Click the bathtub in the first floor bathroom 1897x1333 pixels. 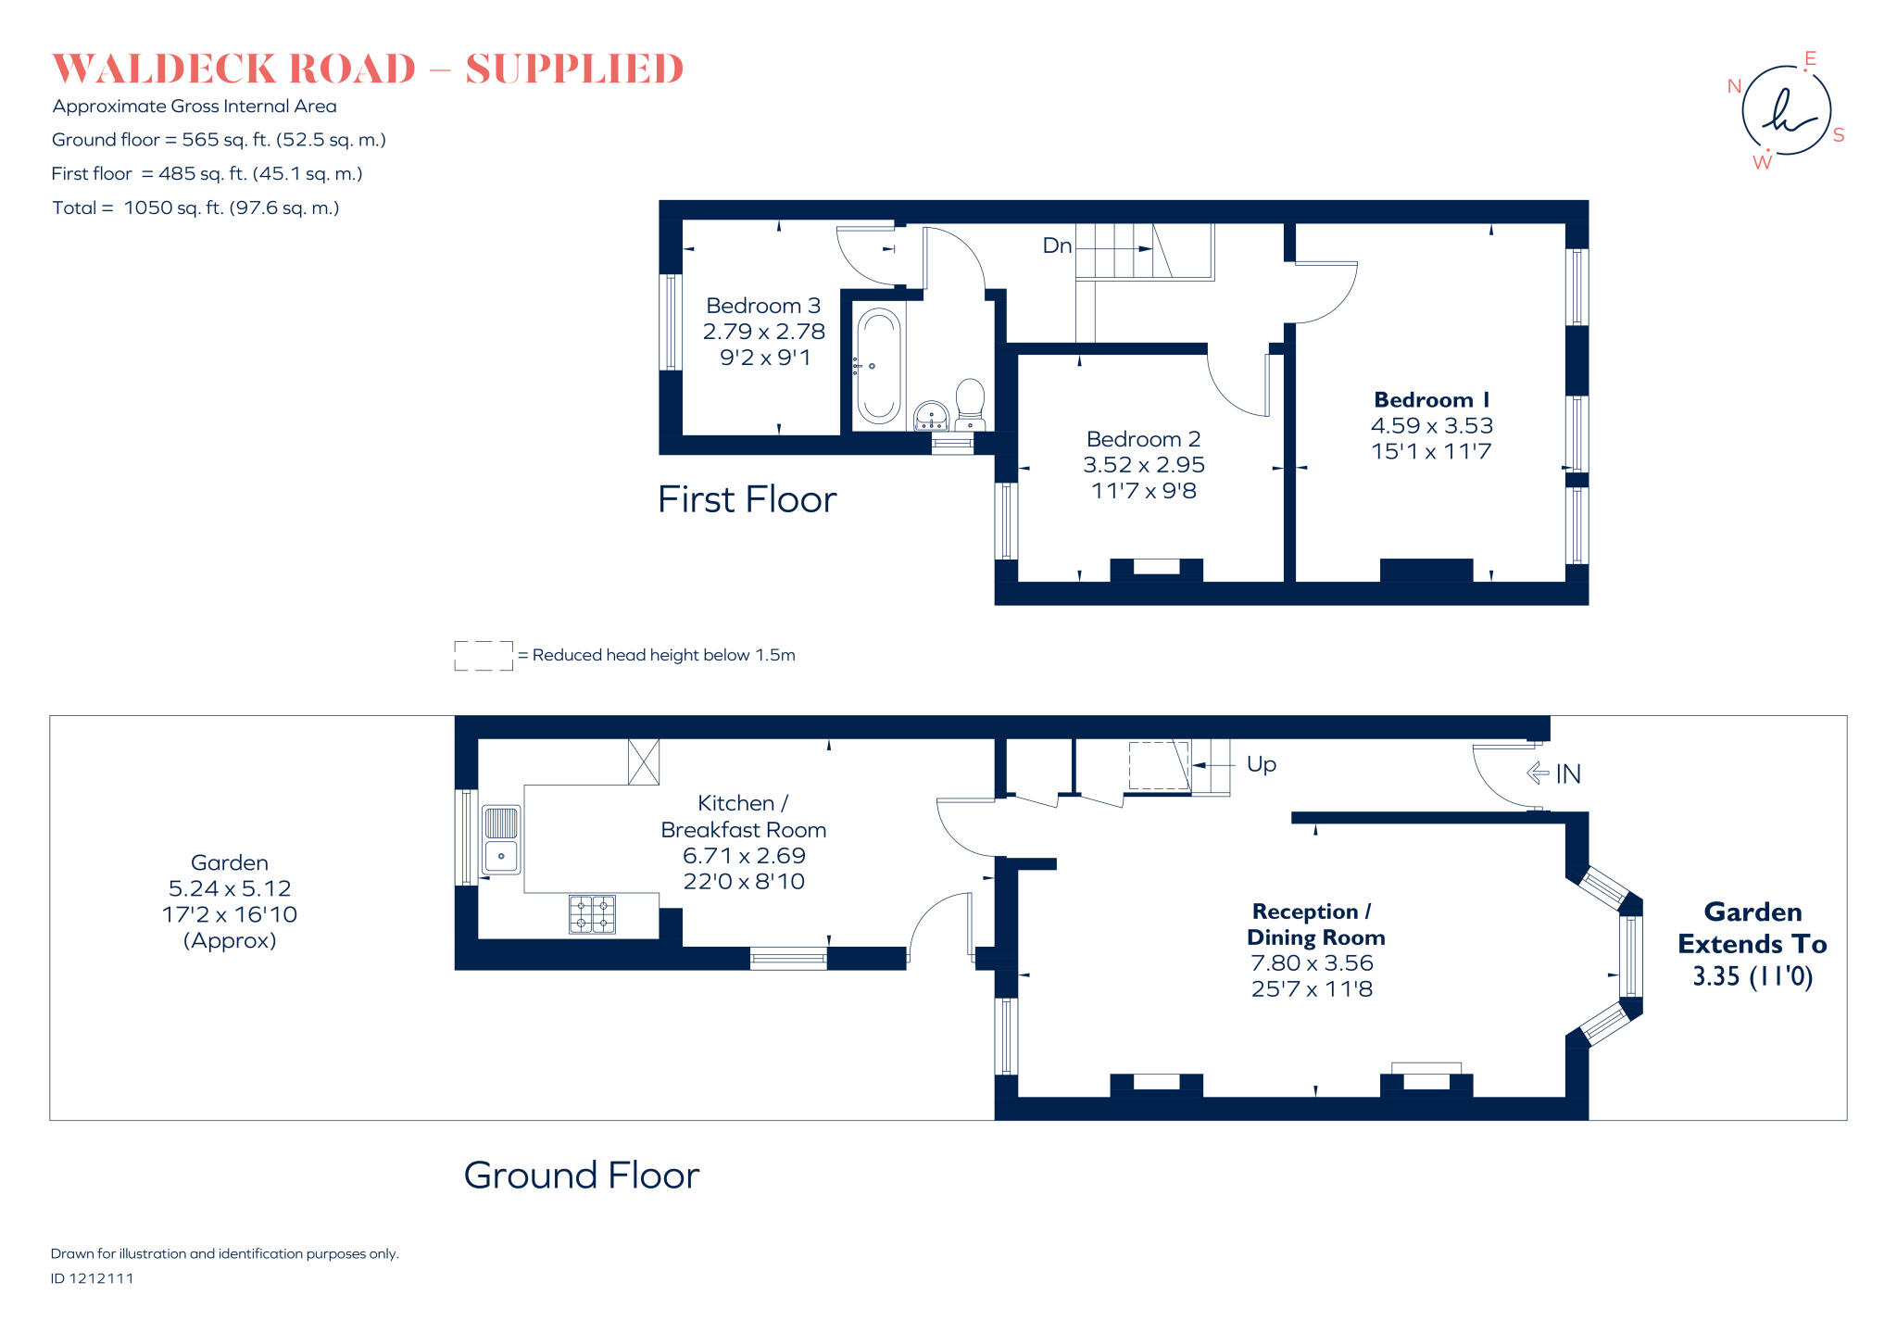(878, 367)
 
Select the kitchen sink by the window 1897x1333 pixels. (501, 840)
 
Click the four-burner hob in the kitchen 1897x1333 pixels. (592, 913)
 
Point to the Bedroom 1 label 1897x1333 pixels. (1431, 400)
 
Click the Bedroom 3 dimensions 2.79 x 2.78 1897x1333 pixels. (763, 332)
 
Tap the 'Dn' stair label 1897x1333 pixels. (1057, 245)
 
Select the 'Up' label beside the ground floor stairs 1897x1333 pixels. (1261, 764)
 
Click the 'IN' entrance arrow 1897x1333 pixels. (1554, 773)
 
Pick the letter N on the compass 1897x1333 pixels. (1734, 86)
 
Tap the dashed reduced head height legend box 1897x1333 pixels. (483, 655)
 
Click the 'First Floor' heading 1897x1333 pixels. (747, 500)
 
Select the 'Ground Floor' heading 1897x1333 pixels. (581, 1176)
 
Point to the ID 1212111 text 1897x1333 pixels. (92, 1278)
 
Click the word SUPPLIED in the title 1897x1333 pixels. (573, 69)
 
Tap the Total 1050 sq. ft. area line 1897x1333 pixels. (195, 207)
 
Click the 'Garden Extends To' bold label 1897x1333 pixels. (1752, 928)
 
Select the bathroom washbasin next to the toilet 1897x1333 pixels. (931, 415)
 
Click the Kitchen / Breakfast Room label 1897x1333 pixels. (743, 816)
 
